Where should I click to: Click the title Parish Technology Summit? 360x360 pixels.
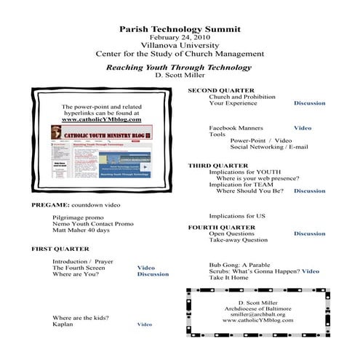click(179, 28)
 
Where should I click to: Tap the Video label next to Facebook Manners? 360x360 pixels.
click(303, 128)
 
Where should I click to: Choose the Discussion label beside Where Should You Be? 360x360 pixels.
click(309, 191)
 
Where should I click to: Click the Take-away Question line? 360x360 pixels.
click(239, 240)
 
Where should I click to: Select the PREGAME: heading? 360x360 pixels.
click(51, 205)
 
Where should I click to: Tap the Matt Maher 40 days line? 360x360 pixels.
click(81, 231)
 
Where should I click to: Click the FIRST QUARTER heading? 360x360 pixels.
click(60, 249)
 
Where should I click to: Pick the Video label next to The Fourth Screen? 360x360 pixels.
click(146, 268)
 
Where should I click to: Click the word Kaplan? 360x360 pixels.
click(63, 324)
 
